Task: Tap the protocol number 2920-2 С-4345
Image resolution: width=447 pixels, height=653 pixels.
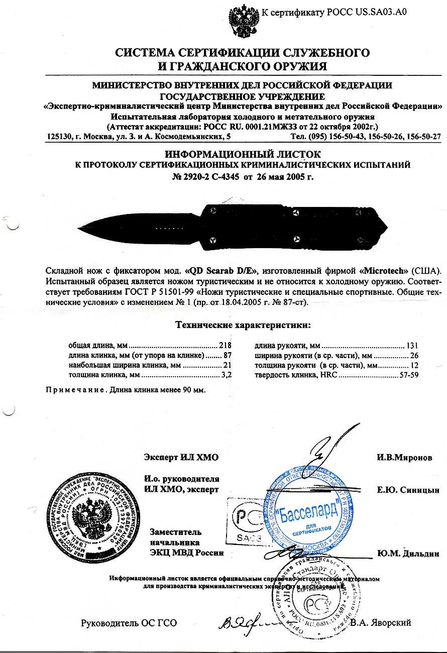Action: click(x=204, y=177)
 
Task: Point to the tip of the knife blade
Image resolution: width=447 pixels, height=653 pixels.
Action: click(x=79, y=229)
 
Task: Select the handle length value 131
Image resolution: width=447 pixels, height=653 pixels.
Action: click(x=412, y=346)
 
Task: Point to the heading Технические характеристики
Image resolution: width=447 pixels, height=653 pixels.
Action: click(x=243, y=325)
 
